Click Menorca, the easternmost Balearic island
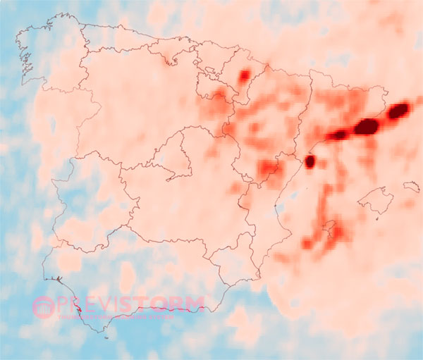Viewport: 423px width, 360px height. [x=411, y=187]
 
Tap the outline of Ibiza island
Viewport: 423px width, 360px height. [x=329, y=228]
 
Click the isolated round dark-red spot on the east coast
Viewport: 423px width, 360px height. [x=309, y=161]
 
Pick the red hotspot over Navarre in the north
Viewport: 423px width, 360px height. [x=245, y=75]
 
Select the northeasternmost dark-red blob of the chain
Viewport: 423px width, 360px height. [x=398, y=110]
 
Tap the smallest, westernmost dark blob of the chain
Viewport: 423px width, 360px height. [x=339, y=135]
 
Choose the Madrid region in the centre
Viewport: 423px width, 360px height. [x=173, y=151]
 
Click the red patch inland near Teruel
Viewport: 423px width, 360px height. [x=269, y=168]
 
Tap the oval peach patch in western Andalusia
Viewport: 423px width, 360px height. [x=127, y=276]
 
